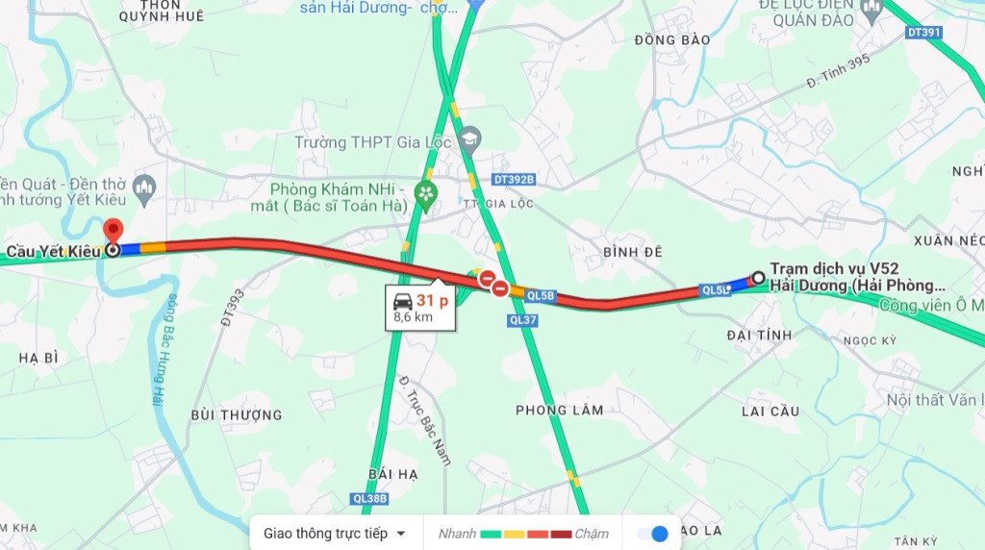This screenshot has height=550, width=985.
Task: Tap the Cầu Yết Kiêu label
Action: point(53,251)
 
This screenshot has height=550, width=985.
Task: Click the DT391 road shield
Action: point(923,33)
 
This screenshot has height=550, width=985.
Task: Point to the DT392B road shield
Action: point(513,180)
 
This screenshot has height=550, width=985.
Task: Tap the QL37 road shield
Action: point(523,320)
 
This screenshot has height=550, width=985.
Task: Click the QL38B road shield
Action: point(368,498)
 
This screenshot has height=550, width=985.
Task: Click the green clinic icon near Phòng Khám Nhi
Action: point(425,196)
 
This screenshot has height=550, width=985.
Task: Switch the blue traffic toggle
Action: point(653,534)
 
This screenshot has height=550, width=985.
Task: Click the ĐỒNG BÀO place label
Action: point(672,39)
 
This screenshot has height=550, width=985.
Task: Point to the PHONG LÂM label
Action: point(560,410)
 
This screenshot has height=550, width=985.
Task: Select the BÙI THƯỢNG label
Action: point(237,414)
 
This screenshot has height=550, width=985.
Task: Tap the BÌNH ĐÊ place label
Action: point(633,251)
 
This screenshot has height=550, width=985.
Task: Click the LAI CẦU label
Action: point(770,411)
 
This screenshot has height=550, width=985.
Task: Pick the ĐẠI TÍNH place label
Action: point(760,335)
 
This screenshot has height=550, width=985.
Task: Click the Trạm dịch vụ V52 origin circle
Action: point(758,278)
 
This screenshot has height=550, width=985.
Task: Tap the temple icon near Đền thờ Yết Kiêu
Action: point(144,186)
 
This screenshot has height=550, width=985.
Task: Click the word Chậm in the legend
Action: point(592,534)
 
